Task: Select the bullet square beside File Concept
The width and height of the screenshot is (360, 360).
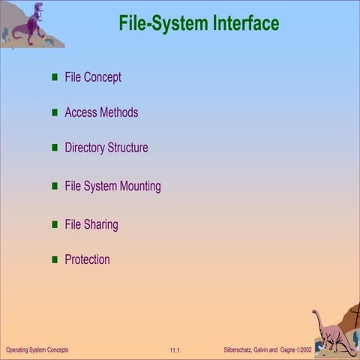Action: click(x=55, y=77)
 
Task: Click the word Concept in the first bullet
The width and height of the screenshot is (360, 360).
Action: click(x=103, y=77)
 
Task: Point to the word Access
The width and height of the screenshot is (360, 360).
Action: click(x=80, y=112)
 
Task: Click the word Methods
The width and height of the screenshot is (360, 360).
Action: click(x=118, y=112)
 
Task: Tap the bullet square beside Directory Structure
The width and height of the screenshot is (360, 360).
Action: click(x=55, y=148)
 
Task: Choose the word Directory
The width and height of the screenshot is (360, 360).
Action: click(x=85, y=148)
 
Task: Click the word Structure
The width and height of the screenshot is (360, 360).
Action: click(x=127, y=148)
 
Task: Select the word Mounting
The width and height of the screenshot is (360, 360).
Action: click(x=139, y=186)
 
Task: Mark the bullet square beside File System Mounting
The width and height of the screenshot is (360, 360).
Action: click(x=55, y=185)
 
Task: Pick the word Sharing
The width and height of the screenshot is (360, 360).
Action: click(x=101, y=224)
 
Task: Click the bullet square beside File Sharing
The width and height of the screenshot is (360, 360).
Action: click(x=55, y=224)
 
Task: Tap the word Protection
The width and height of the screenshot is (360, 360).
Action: click(x=87, y=259)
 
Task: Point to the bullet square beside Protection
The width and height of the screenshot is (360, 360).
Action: click(x=55, y=259)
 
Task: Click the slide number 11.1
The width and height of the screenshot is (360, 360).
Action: click(x=175, y=350)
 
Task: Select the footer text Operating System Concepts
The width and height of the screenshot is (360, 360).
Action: click(x=37, y=350)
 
